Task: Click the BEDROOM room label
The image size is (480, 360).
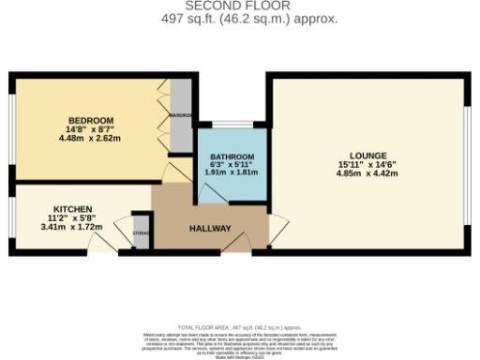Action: pos(90,120)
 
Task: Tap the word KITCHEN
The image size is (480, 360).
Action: pos(71,207)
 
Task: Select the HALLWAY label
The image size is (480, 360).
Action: pos(211,228)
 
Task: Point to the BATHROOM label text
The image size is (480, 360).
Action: pos(232,156)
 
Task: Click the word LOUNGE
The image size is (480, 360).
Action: pos(367,155)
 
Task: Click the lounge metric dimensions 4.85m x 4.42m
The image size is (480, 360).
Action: pos(367,173)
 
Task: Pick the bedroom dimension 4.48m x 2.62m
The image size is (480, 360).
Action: pos(90,139)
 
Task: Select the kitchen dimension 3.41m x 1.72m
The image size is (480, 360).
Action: pos(71,226)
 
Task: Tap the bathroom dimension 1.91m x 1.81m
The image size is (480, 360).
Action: pos(232,173)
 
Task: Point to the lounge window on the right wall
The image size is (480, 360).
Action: pos(466,167)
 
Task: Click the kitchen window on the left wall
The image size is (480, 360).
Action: pos(11,217)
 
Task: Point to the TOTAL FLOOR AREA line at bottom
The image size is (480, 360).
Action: pos(240,327)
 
